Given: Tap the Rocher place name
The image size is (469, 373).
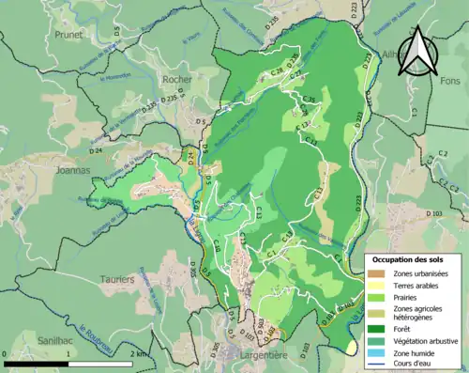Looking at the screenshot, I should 177,80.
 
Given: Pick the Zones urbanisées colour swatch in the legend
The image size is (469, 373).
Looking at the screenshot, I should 378,273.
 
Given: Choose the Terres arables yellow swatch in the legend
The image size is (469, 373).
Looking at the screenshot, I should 378,287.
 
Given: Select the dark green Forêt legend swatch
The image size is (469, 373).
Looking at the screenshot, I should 378,328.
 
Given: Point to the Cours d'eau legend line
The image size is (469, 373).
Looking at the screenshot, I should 378,366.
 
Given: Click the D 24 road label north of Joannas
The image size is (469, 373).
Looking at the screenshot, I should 95,150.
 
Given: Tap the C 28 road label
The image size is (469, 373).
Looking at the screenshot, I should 276,71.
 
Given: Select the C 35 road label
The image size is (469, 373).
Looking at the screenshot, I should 307,99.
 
